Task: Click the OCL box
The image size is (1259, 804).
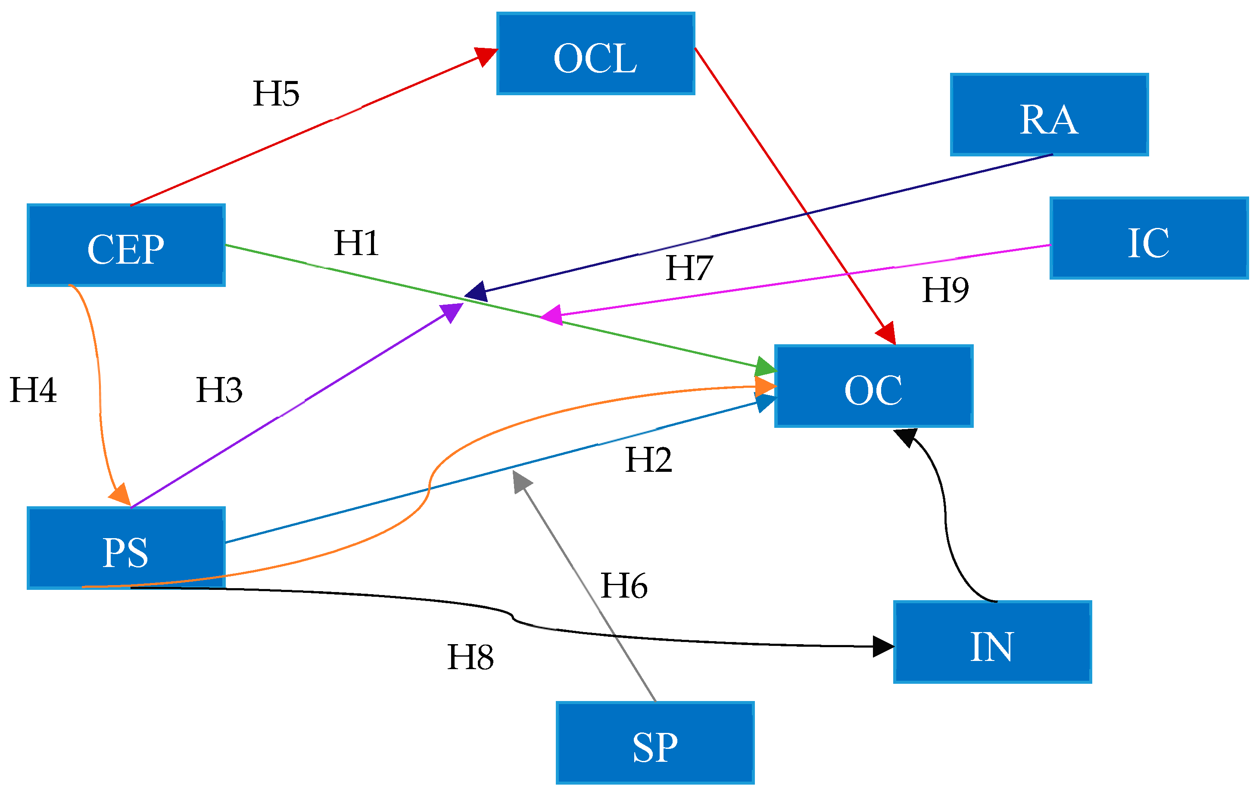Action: pyautogui.click(x=595, y=54)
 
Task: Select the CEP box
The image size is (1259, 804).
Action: pyautogui.click(x=126, y=245)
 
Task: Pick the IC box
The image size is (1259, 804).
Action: pyautogui.click(x=1149, y=238)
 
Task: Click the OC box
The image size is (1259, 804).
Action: pyautogui.click(x=874, y=386)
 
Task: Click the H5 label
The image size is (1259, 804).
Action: pyautogui.click(x=276, y=94)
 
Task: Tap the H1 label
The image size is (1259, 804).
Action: pyautogui.click(x=357, y=243)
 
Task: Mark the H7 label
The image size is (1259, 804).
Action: pyautogui.click(x=689, y=268)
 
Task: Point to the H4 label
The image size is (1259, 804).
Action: pyautogui.click(x=33, y=390)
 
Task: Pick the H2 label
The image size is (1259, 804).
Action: pyautogui.click(x=648, y=460)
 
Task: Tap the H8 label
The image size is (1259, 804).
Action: pyautogui.click(x=470, y=657)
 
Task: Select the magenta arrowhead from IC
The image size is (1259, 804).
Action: pyautogui.click(x=552, y=315)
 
